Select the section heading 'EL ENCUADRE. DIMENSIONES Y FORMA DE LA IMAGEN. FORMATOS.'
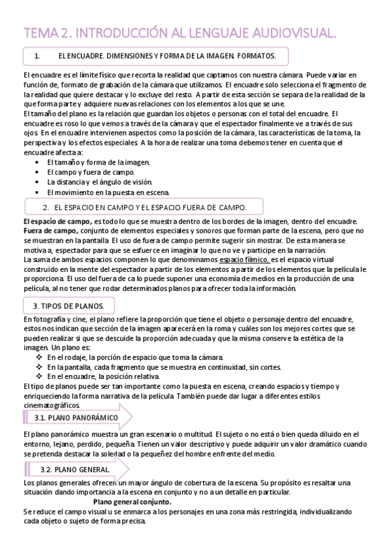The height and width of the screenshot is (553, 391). tap(167, 57)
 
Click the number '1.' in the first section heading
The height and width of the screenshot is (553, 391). tap(37, 57)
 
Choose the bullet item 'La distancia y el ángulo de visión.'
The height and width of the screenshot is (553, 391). tap(99, 182)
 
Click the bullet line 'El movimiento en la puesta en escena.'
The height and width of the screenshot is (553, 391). tap(108, 192)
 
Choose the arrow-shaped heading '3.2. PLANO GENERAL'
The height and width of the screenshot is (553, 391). tap(76, 469)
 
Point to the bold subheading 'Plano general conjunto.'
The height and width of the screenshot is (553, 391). tap(133, 502)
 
